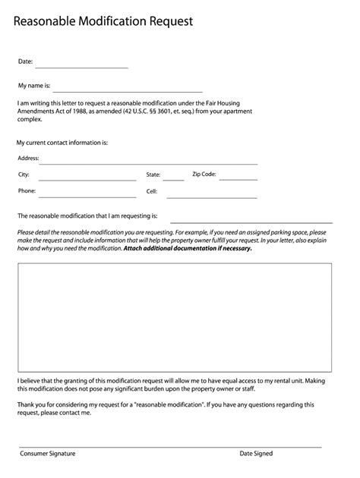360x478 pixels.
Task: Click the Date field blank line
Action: [81, 67]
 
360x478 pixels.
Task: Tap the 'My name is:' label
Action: [34, 86]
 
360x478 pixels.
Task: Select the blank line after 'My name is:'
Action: [128, 90]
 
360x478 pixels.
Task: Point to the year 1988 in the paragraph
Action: [78, 112]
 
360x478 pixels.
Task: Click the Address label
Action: [28, 158]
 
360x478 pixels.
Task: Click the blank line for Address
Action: [148, 162]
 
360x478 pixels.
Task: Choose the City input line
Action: [87, 179]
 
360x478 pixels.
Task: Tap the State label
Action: [153, 175]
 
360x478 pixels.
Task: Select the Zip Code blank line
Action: [238, 179]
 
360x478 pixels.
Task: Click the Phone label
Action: [27, 191]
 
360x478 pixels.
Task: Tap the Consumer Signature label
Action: [48, 453]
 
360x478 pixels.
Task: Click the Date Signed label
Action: [256, 453]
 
